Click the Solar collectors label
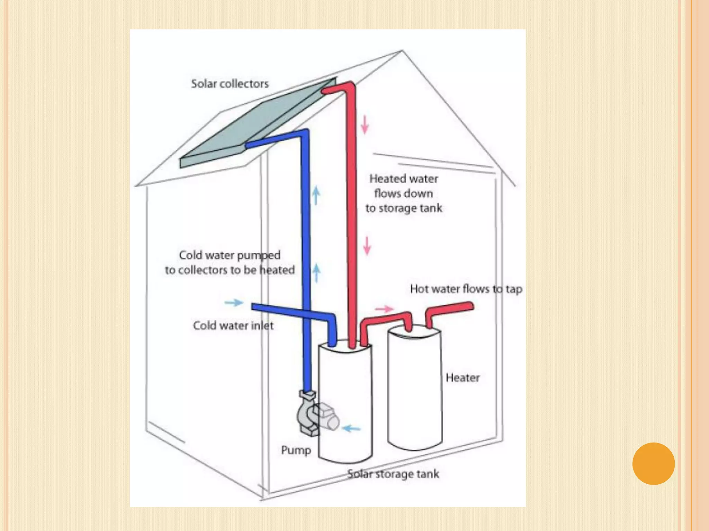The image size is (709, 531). (230, 84)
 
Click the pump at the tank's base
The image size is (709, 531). (312, 415)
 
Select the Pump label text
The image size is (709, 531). (296, 450)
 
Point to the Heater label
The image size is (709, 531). (463, 378)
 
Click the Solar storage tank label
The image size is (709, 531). (393, 474)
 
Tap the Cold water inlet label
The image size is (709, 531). (233, 326)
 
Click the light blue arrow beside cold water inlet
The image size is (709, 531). (234, 303)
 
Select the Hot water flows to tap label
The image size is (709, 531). (466, 289)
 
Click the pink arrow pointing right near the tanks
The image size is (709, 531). (384, 309)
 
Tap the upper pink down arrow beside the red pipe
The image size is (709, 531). (365, 125)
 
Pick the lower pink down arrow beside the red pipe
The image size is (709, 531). (367, 246)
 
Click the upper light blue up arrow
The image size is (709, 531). (316, 195)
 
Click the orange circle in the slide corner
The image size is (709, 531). (653, 464)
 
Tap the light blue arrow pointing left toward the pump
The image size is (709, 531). (351, 429)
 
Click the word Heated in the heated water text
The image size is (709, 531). (385, 179)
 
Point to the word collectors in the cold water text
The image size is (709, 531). (202, 270)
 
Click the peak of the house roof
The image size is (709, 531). (402, 51)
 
